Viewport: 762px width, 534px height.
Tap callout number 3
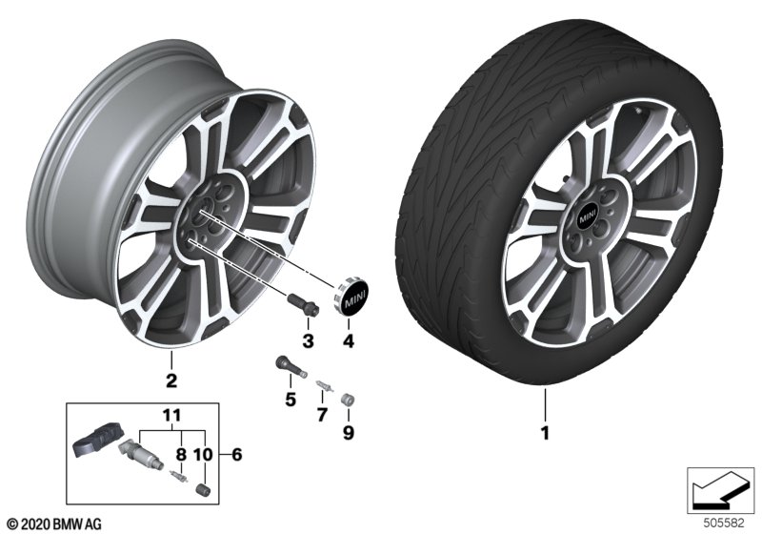308,340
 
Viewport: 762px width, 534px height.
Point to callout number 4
349,340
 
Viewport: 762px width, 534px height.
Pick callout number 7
322,415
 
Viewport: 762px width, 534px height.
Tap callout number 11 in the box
170,417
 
